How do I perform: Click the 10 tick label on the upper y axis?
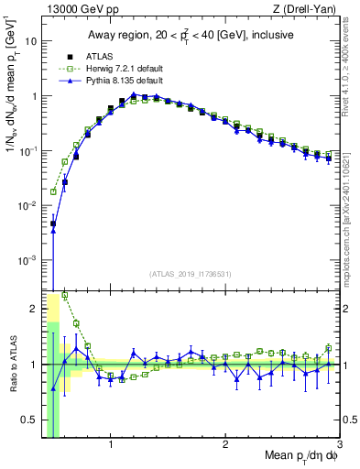point(30,41)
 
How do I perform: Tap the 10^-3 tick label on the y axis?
point(27,261)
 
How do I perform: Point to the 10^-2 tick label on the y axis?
point(27,206)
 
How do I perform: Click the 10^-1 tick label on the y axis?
point(27,151)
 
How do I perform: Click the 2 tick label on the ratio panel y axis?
point(34,309)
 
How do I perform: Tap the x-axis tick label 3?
point(339,445)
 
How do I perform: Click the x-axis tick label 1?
point(111,445)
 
